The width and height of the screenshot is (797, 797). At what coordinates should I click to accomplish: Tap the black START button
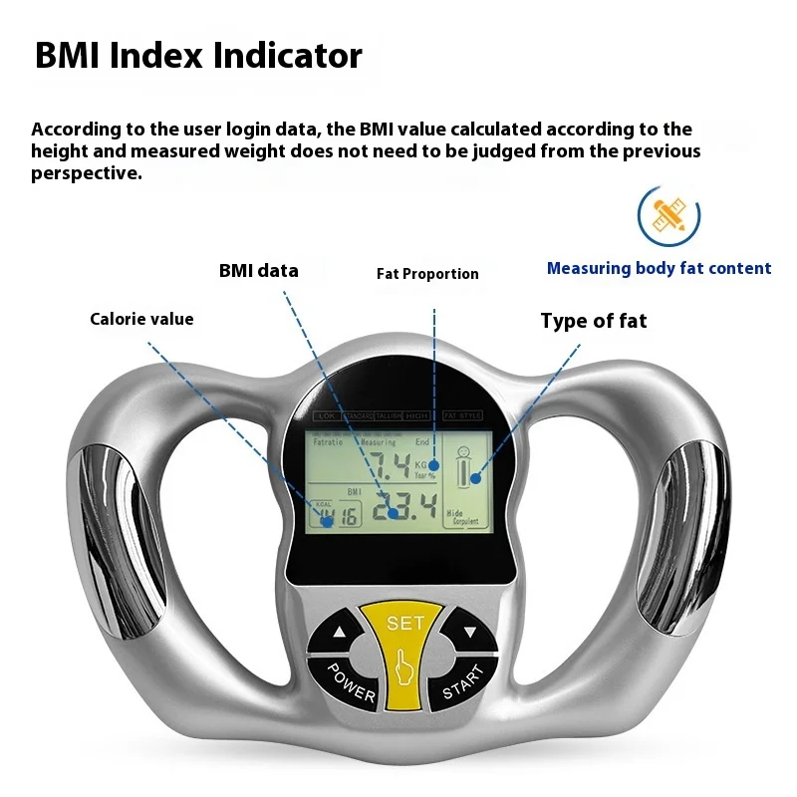pyautogui.click(x=460, y=684)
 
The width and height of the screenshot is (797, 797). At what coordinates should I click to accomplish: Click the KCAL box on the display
pyautogui.click(x=335, y=512)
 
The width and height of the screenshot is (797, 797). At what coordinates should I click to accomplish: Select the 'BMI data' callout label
pyautogui.click(x=258, y=271)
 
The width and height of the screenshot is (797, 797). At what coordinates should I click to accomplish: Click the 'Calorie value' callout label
pyautogui.click(x=141, y=320)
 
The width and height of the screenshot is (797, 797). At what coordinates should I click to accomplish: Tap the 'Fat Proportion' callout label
pyautogui.click(x=427, y=274)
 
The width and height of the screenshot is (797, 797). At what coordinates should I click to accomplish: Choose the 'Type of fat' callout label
pyautogui.click(x=593, y=321)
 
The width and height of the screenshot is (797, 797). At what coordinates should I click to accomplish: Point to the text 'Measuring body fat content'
pyautogui.click(x=659, y=268)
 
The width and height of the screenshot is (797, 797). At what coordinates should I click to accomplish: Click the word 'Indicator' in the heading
pyautogui.click(x=289, y=56)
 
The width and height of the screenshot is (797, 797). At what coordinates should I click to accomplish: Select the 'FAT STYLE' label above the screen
pyautogui.click(x=461, y=415)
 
